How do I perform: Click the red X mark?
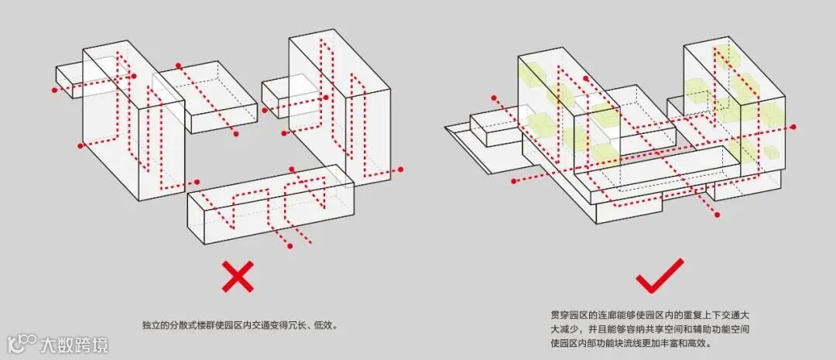click(238, 276)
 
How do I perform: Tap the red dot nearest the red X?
click(290, 247)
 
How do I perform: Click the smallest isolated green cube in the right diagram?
click(770, 152)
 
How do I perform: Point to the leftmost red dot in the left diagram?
click(54, 91)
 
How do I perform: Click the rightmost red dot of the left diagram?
click(401, 169)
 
